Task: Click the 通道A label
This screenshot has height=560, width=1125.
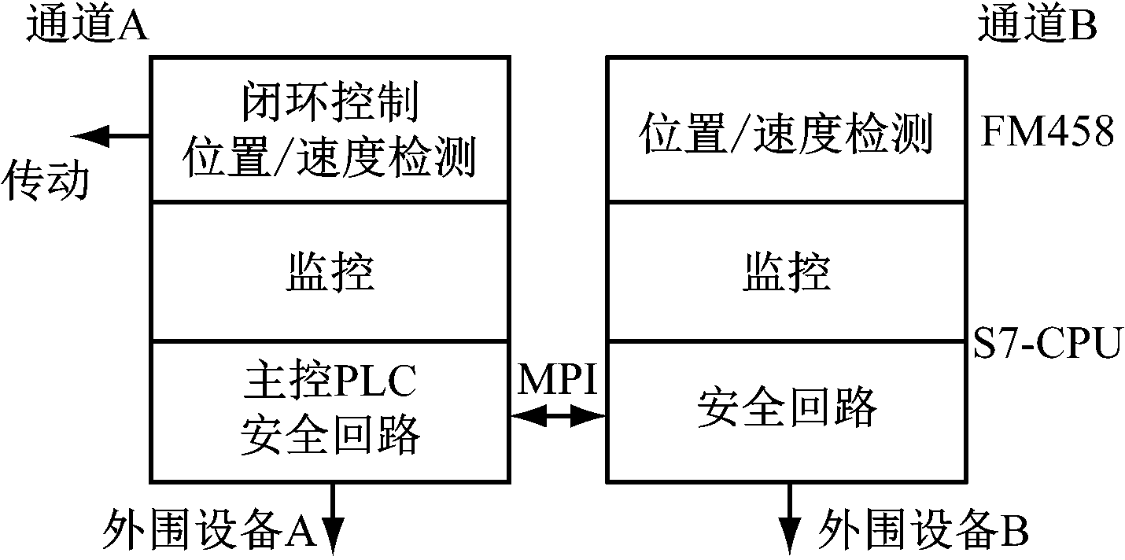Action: point(87,27)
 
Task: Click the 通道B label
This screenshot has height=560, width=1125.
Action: point(1038,27)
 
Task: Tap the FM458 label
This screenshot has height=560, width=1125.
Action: point(1048,133)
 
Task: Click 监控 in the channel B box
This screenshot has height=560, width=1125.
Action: point(786,273)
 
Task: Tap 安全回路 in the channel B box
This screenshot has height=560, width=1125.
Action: point(786,407)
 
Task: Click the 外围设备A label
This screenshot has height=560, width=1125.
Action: point(209,530)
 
